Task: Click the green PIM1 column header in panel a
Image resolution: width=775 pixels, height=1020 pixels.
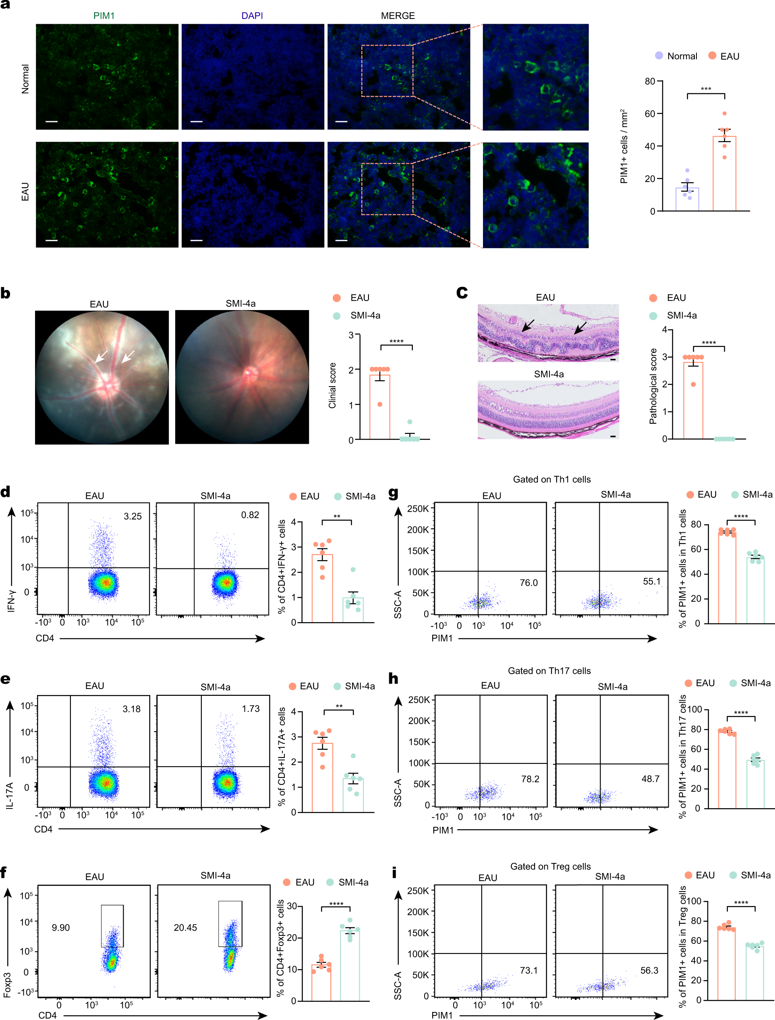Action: [x=104, y=16]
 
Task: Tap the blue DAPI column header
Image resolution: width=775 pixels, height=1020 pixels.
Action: [x=252, y=16]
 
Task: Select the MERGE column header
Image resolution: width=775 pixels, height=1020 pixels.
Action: [x=398, y=16]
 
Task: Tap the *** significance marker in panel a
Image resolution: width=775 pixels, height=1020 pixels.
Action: [x=705, y=89]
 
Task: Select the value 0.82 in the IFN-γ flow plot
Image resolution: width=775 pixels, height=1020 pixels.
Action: [x=250, y=515]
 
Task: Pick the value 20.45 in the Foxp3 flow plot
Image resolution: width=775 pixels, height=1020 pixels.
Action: [x=185, y=927]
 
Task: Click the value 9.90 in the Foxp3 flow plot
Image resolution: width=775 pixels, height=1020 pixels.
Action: [x=60, y=927]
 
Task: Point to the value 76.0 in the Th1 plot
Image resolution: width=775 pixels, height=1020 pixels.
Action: [x=528, y=582]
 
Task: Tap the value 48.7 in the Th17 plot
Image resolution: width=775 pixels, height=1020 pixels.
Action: [x=650, y=779]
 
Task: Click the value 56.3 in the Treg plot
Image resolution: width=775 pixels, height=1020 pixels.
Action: [x=649, y=970]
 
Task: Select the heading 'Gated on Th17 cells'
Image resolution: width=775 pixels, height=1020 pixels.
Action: [x=549, y=671]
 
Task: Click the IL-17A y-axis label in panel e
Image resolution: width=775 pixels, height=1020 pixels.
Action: [x=10, y=795]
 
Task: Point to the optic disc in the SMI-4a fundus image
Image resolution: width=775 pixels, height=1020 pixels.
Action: [x=251, y=372]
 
